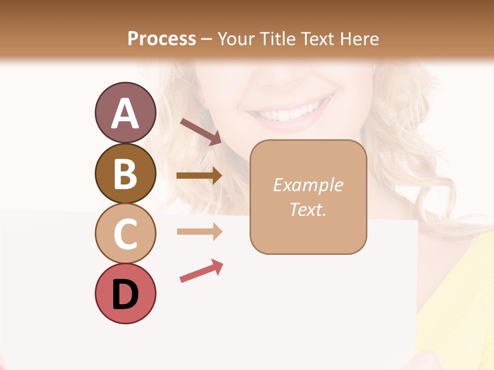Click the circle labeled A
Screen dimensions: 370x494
(125, 113)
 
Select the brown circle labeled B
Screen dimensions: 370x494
(125, 173)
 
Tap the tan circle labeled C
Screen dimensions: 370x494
(125, 233)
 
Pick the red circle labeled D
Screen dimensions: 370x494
(125, 293)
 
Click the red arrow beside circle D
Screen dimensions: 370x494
(201, 271)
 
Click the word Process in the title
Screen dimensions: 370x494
(162, 39)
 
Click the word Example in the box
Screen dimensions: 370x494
(308, 185)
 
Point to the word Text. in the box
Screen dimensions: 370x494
(308, 210)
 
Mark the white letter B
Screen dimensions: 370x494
(125, 174)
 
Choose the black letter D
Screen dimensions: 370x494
(125, 295)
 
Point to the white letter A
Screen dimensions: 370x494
(125, 114)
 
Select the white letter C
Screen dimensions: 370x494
(125, 234)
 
